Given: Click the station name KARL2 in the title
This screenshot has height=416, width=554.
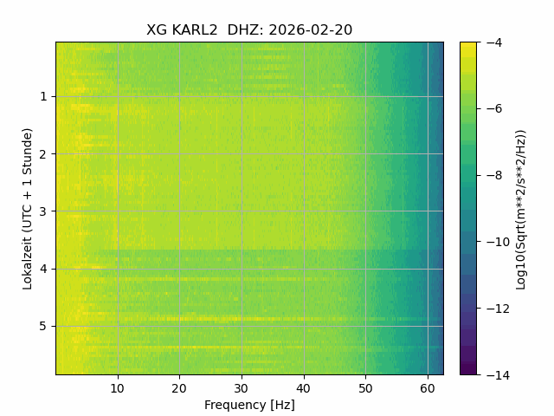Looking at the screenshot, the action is (x=194, y=30).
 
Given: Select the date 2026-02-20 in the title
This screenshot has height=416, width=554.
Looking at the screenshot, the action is (x=311, y=30).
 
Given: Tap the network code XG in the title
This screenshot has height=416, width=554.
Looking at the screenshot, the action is (x=157, y=30).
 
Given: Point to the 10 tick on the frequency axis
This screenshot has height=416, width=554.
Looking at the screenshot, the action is (x=118, y=389).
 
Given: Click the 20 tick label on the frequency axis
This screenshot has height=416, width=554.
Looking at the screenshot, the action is (x=179, y=389).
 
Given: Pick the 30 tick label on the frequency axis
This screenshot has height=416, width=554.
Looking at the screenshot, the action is (x=242, y=389).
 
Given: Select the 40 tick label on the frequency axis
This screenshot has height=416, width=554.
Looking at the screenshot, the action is (x=304, y=389).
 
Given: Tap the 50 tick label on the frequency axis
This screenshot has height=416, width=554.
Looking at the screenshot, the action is (x=365, y=389).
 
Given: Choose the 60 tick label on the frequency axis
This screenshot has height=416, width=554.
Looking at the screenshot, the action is (x=428, y=389).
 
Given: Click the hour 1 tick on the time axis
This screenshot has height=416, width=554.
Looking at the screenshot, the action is (x=43, y=96).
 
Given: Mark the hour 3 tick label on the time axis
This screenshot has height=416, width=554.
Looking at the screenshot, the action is (x=43, y=211).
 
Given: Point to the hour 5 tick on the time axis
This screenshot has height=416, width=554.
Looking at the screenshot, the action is (x=43, y=326).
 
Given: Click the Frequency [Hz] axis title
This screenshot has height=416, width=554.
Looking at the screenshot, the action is (x=249, y=405).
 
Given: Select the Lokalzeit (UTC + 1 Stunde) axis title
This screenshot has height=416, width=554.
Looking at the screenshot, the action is (x=28, y=209).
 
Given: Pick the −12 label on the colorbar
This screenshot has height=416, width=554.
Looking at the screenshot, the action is (x=498, y=309).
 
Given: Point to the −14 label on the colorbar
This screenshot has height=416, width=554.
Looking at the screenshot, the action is (x=498, y=374).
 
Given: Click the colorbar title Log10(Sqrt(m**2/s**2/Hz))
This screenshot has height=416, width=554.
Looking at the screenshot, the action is (x=521, y=210).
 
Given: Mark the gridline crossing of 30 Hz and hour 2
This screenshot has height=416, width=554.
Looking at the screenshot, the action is (x=242, y=154).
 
